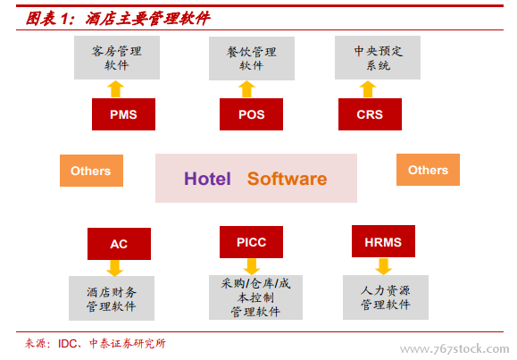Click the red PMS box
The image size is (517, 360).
(x=123, y=114)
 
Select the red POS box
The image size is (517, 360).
(x=251, y=114)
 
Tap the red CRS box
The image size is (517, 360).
(x=370, y=114)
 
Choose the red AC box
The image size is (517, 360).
(x=119, y=244)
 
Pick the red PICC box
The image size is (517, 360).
(x=251, y=242)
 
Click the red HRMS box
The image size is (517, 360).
(x=383, y=241)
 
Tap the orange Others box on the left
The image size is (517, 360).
(x=91, y=171)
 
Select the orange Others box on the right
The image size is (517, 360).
(x=428, y=170)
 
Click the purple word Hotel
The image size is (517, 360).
(x=207, y=179)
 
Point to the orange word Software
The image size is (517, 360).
(x=288, y=179)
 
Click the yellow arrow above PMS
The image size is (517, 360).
(x=115, y=89)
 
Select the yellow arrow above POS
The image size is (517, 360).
(x=246, y=89)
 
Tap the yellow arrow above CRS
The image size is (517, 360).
(x=368, y=89)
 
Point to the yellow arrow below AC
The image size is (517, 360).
(x=115, y=268)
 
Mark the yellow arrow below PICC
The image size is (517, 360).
(x=252, y=266)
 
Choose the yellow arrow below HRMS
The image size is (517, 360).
(x=383, y=266)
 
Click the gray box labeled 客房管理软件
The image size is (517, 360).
(x=117, y=58)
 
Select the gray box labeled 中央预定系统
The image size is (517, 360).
(x=378, y=58)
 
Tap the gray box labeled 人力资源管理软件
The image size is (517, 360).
(x=386, y=297)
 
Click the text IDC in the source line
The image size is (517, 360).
(x=68, y=344)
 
